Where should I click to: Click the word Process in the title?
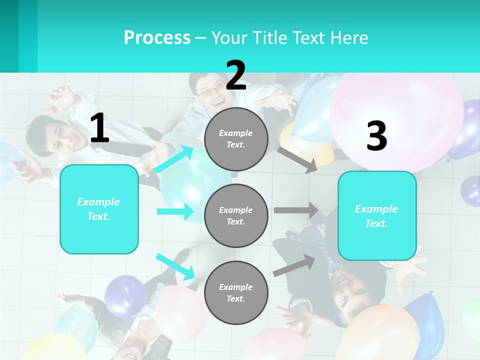(157, 37)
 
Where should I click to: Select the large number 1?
(99, 128)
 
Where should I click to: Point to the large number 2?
(236, 76)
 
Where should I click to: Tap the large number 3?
(376, 136)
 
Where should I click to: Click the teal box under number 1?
(99, 209)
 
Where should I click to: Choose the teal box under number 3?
(377, 215)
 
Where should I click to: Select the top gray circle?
(236, 139)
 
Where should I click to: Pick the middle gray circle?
(236, 215)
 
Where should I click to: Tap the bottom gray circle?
(236, 292)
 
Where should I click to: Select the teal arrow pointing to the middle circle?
(175, 211)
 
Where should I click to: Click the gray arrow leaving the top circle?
(298, 159)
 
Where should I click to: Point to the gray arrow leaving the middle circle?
(296, 210)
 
